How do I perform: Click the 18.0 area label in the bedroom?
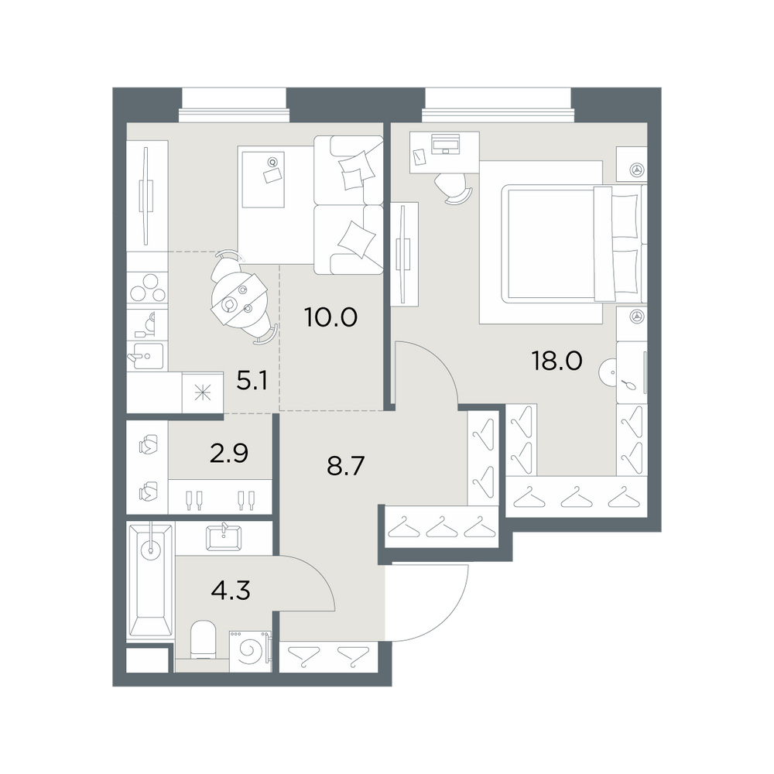pos(557,361)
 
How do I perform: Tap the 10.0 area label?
pos(330,317)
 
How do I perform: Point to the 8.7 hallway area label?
pos(345,465)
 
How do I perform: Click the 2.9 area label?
pos(228,453)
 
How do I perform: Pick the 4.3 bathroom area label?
pos(231,589)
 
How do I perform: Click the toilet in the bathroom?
pos(202,639)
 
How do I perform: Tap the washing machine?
pos(250,651)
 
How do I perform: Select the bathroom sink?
pos(224,537)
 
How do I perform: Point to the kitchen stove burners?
pos(147,288)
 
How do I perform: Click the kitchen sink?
pos(146,355)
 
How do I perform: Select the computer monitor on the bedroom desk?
pos(445,144)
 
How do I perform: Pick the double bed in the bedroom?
pos(574,243)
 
